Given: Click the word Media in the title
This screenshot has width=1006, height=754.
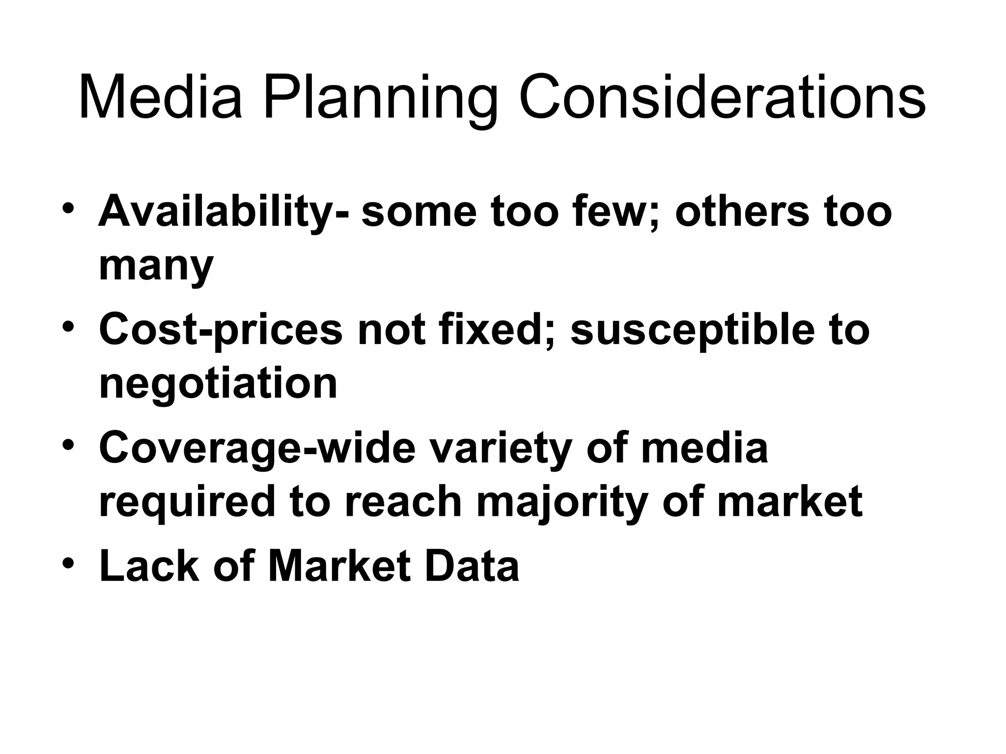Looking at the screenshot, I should coord(160,97).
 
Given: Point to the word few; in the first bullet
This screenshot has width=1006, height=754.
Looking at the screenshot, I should coord(604,211).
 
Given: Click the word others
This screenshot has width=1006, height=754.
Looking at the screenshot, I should coord(742,211).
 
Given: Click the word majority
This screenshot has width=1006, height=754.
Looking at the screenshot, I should coord(561,504).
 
